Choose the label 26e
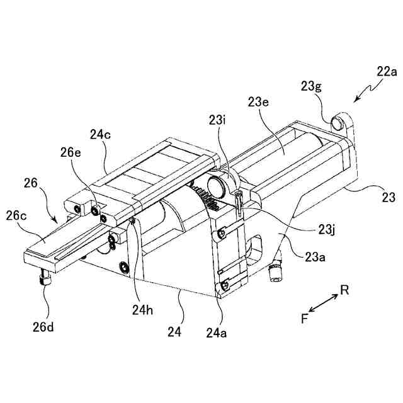[71, 152]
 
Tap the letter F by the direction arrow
[304, 319]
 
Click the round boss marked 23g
[341, 119]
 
